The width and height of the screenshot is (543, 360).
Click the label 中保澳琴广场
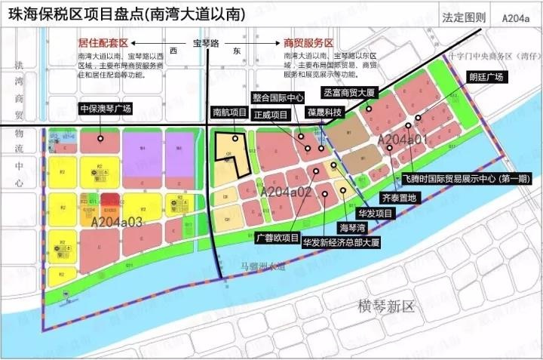106,109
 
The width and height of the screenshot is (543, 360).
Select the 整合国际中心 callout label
279,97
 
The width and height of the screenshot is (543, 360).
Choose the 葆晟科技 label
325,112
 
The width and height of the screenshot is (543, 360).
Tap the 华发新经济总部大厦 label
340,243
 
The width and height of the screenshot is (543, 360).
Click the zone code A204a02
286,192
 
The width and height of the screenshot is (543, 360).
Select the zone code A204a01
402,140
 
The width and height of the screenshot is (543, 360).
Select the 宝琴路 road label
206,44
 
